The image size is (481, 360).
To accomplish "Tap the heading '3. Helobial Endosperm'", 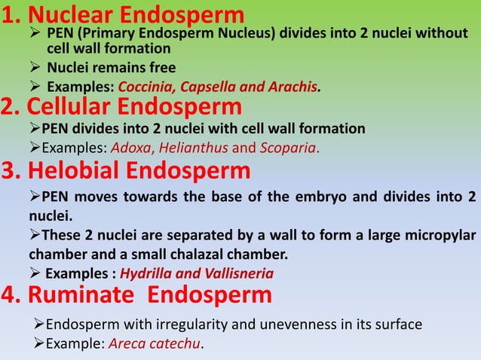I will coord(125,171).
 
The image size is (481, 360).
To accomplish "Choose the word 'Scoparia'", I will coord(291,147).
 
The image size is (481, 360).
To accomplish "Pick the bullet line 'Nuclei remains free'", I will coord(111,68).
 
